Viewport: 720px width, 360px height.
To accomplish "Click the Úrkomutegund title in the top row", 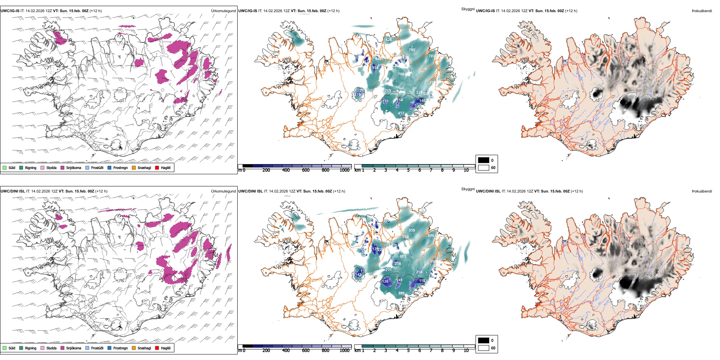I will (x=223, y=11).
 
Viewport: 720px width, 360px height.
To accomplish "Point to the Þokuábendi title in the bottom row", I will (x=702, y=191).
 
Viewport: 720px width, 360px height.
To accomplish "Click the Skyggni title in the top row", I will (x=468, y=9).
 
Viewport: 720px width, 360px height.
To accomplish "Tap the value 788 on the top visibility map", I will (x=401, y=74).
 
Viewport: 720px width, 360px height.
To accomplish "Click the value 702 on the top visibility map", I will (x=412, y=50).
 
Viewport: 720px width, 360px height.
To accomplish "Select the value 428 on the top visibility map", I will (x=388, y=40).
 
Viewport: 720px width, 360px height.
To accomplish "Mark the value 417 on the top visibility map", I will (x=401, y=113).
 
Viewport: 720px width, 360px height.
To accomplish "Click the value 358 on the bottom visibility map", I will (x=412, y=230).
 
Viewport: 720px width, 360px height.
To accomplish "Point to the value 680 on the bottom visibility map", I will (x=431, y=236).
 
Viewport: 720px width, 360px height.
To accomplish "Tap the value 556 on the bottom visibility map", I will (x=401, y=293).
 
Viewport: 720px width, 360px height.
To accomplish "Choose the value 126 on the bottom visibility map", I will (x=385, y=282).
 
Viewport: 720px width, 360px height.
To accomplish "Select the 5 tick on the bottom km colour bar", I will (x=408, y=351).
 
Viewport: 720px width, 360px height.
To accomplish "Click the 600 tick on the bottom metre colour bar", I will (x=306, y=351).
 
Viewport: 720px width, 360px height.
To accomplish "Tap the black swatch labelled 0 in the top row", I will (x=484, y=160).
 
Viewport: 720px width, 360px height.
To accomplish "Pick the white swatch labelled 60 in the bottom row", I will (x=484, y=348).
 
